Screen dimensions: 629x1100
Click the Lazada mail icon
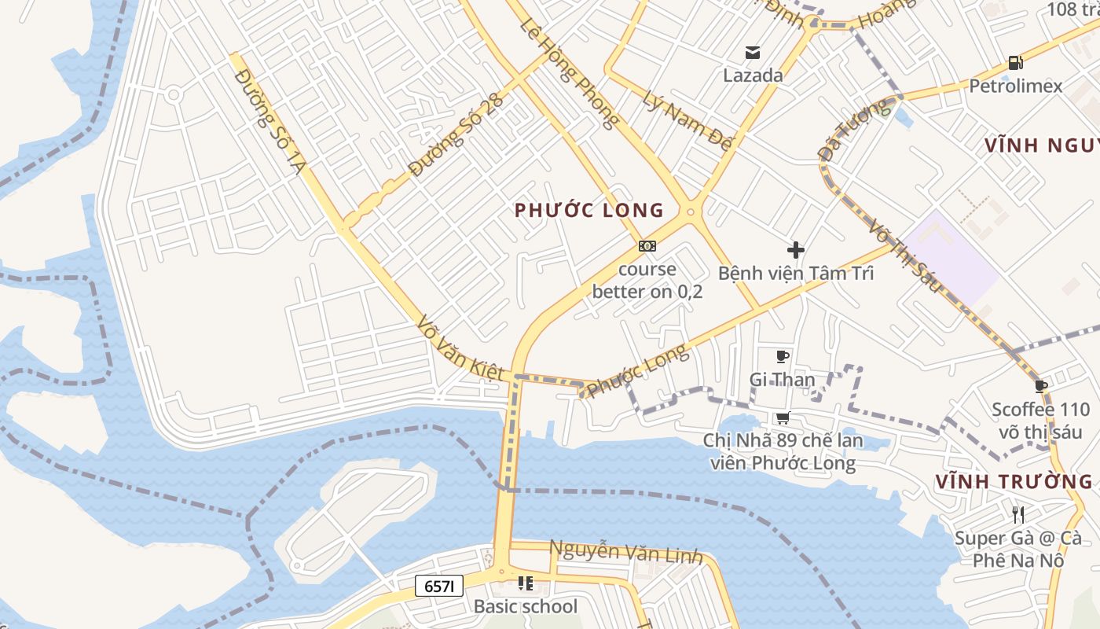tap(753, 53)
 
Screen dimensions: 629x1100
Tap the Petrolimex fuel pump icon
tap(1015, 62)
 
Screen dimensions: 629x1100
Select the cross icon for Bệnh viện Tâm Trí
tap(795, 251)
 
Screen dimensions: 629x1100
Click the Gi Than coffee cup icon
tap(782, 357)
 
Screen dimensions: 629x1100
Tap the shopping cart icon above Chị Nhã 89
tap(783, 417)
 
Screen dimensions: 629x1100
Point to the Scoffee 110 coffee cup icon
tap(1041, 386)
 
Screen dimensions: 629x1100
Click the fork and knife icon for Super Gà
tap(1018, 515)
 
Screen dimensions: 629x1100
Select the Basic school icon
tap(525, 583)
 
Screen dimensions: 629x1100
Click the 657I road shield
tap(439, 586)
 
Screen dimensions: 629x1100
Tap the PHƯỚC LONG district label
tap(589, 210)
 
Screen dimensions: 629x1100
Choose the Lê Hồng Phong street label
tap(568, 72)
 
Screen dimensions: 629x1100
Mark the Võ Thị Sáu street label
tap(904, 256)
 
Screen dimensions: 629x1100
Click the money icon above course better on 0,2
tap(647, 246)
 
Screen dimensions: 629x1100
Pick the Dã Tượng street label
tap(855, 131)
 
